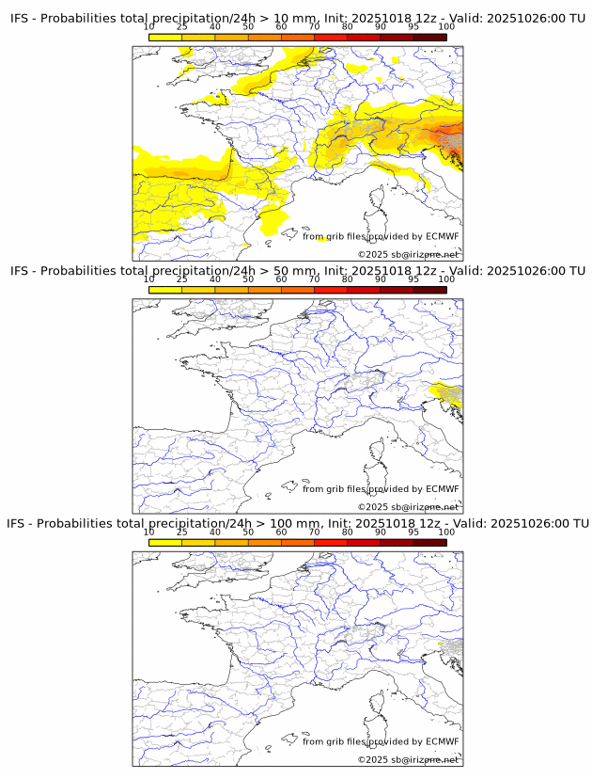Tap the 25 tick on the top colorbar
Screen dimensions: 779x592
coord(182,27)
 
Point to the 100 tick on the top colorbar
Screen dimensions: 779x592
coord(446,27)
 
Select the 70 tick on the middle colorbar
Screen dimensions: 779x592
coord(314,279)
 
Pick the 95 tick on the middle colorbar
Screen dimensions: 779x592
coord(413,279)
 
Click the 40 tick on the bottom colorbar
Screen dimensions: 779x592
coord(215,532)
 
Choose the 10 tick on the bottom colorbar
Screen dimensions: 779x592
coord(149,532)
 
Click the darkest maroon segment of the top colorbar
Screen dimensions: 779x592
coord(429,38)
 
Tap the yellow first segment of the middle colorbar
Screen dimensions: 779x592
coord(165,290)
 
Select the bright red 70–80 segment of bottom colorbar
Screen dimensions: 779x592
coord(331,542)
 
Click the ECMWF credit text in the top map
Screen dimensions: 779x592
coord(381,237)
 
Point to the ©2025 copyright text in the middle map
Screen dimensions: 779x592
coord(408,507)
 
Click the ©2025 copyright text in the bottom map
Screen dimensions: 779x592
coord(408,759)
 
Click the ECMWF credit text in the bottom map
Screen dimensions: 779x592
coord(381,741)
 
